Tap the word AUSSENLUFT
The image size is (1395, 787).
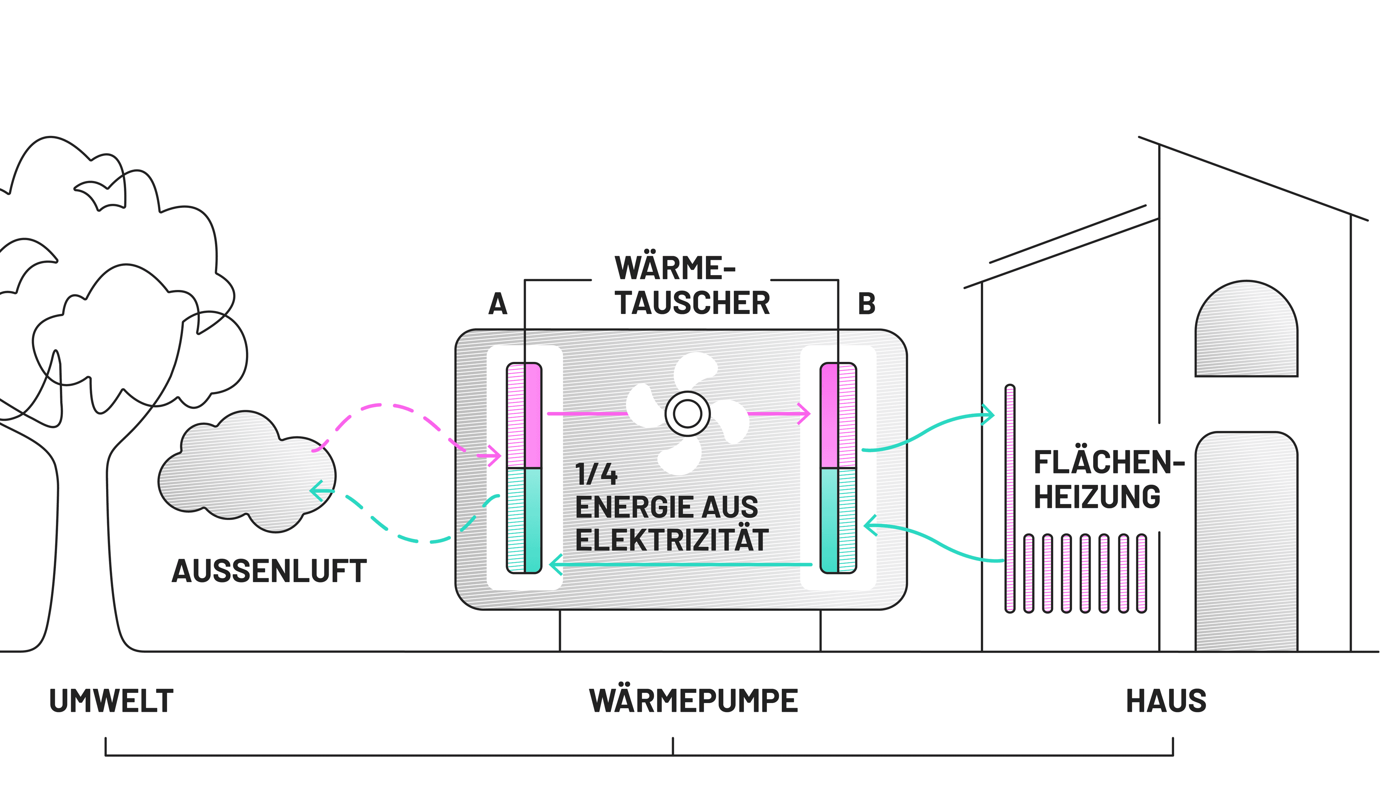click(269, 572)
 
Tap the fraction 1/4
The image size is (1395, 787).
click(596, 475)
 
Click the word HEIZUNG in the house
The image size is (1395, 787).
click(1097, 497)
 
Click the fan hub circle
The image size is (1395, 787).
click(687, 414)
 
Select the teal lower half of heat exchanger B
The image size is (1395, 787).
click(838, 520)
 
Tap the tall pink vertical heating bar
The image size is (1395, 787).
click(1010, 498)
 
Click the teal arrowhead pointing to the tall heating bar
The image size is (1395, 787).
click(990, 415)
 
